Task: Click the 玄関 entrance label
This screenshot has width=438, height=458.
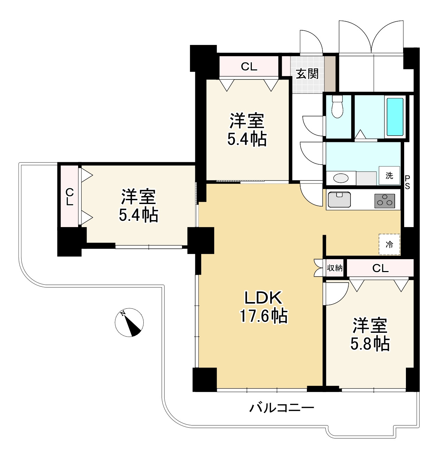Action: (x=307, y=74)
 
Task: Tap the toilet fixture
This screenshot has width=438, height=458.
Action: (x=337, y=106)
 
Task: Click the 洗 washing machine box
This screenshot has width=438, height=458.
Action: (x=389, y=175)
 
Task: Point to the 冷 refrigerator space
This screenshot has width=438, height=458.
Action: (x=389, y=245)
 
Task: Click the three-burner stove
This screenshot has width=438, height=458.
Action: (x=385, y=201)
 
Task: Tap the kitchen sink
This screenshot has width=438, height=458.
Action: (x=339, y=200)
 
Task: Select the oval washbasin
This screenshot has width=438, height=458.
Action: (x=341, y=178)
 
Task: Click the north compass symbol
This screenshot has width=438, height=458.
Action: (x=129, y=323)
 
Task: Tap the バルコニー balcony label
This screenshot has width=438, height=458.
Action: (x=282, y=407)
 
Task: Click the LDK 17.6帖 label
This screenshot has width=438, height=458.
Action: (x=263, y=307)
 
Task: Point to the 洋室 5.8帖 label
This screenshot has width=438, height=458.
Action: (x=370, y=335)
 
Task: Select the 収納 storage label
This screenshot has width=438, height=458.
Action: (x=334, y=268)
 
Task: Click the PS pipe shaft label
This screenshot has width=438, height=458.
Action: (x=407, y=182)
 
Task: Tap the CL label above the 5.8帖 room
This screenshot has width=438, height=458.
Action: (x=380, y=268)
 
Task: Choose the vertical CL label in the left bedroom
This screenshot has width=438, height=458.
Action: (x=70, y=197)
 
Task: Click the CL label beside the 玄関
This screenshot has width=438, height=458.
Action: (x=249, y=66)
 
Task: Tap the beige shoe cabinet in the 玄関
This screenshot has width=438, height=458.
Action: (x=330, y=73)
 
